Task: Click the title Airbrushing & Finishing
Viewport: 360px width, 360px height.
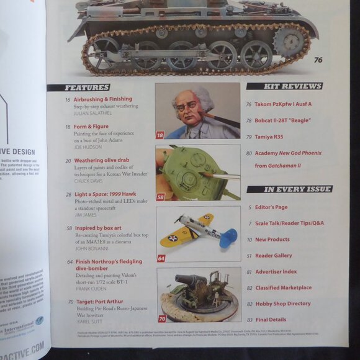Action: point(102,99)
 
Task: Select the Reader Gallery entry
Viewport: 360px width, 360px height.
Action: point(273,255)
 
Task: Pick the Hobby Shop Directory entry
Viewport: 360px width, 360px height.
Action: point(283,304)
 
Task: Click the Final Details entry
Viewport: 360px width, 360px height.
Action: point(271,320)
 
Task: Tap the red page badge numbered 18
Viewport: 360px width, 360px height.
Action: point(161,135)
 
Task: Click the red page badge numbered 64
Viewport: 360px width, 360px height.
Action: point(161,258)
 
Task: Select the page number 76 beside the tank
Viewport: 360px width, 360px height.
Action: point(318,60)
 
